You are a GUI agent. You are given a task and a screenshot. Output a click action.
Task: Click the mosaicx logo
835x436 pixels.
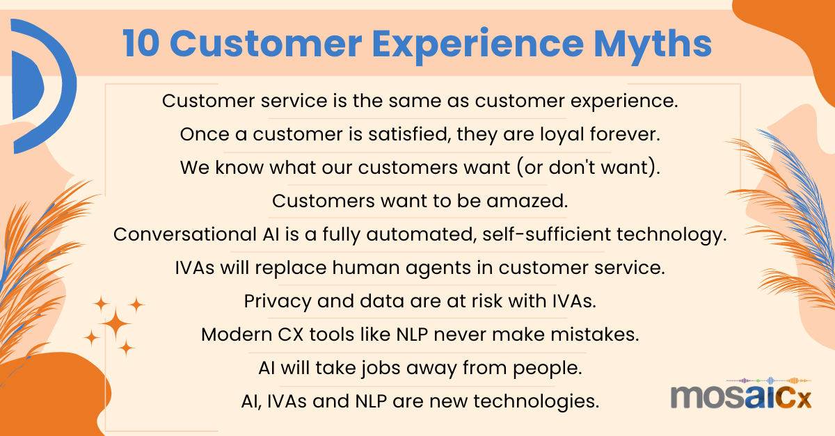[x=741, y=398]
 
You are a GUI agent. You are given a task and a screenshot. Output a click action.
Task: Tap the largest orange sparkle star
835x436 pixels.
[x=115, y=325]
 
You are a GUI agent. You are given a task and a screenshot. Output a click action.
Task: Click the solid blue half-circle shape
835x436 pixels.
[x=26, y=88]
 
